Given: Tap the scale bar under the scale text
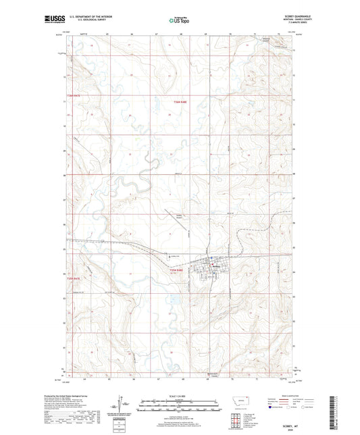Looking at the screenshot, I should tap(179, 407).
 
